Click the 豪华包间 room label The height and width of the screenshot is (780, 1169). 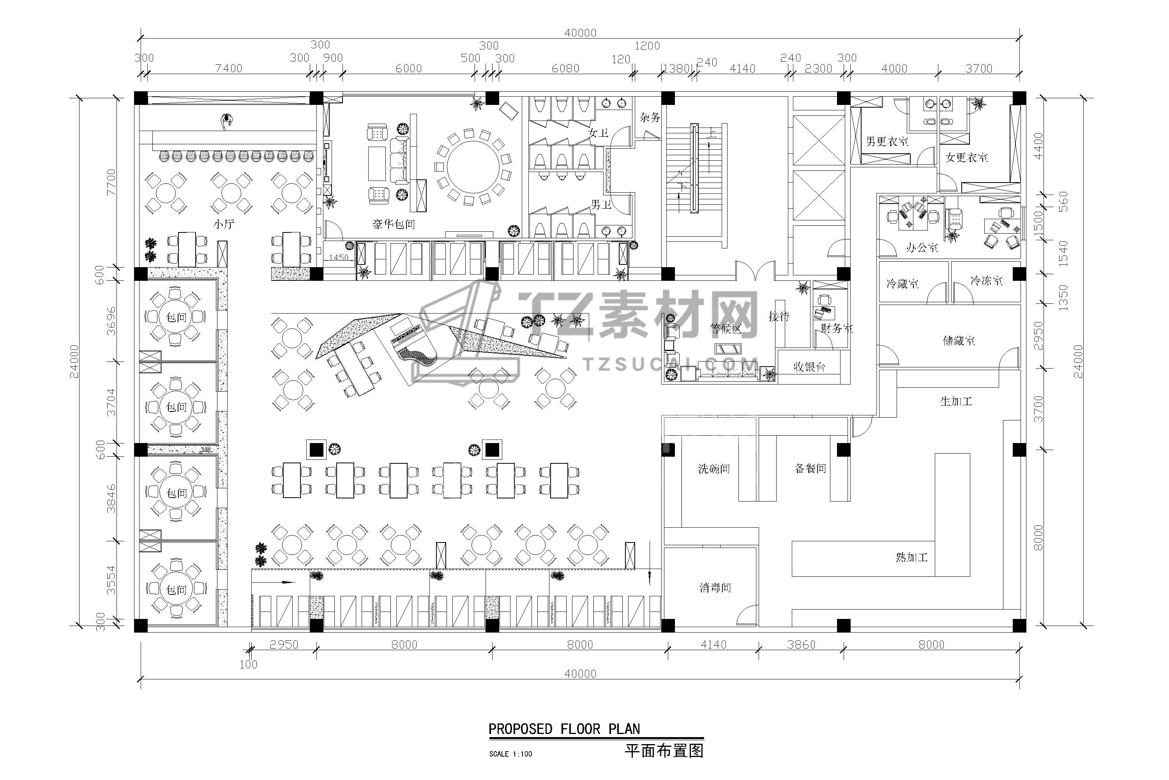coord(394,224)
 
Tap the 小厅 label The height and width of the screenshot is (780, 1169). coord(224,224)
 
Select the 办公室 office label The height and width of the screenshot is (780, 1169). coord(922,247)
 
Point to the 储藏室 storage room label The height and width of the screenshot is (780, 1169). coord(959,341)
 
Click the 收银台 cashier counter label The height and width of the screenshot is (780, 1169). coord(809,367)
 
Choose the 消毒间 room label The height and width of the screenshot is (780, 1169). coord(715,588)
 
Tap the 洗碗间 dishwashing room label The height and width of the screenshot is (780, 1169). coord(714,469)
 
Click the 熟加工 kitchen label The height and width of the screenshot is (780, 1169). coord(911,557)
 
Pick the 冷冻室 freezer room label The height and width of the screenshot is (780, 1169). coord(987,281)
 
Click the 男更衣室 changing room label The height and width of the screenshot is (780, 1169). coord(887,142)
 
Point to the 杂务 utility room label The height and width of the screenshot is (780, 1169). coord(650,117)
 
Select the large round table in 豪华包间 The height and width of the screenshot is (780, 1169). coord(473,167)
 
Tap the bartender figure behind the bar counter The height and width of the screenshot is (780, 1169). coord(227,121)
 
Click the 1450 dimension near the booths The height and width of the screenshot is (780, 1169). coord(339,258)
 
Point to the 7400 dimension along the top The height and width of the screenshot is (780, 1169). coord(229,68)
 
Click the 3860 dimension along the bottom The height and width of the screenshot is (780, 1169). coord(801,645)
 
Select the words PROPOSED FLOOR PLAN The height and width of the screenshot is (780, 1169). coord(564,729)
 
